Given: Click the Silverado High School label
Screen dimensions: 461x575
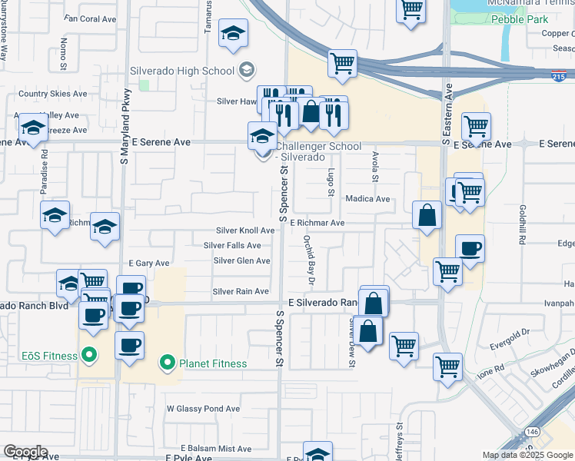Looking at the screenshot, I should (181, 71).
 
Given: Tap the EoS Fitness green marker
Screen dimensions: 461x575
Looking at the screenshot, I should (89, 356).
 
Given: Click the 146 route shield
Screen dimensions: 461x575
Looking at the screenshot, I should (533, 433).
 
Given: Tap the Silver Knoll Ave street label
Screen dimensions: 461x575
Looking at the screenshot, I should (244, 230).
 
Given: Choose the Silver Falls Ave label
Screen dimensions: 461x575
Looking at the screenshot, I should (232, 246).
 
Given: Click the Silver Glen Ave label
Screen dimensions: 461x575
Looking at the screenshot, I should (241, 260).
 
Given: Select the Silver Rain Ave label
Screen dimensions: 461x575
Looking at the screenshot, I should (241, 291).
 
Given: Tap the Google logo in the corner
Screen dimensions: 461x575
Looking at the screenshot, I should (25, 452).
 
